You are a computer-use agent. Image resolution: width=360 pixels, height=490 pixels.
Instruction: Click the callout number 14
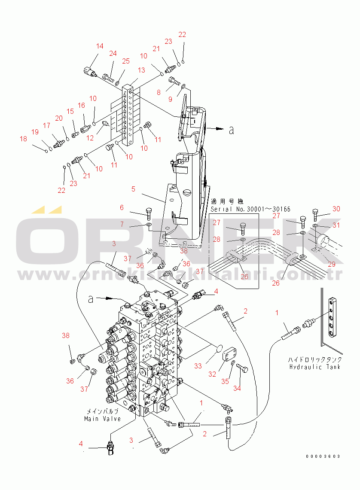(100, 46)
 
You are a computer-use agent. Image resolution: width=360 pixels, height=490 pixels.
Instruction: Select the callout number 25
(125, 61)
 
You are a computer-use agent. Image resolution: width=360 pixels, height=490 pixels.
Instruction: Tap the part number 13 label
(141, 70)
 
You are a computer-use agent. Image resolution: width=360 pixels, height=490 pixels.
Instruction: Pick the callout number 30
(336, 209)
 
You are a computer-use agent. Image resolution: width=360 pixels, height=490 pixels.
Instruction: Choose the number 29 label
(332, 265)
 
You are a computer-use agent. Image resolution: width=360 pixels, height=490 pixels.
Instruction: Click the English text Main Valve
(102, 419)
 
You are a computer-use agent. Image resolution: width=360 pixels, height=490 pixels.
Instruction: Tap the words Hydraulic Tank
(315, 367)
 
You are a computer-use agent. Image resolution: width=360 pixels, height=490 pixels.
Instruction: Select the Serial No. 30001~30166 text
(250, 209)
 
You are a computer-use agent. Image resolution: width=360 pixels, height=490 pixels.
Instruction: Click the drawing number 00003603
(323, 456)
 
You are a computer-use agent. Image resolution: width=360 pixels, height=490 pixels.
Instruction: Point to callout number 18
(23, 139)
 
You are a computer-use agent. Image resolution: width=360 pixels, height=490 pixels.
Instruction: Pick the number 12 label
(90, 138)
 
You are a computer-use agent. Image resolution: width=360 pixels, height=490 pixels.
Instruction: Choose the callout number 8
(159, 92)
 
